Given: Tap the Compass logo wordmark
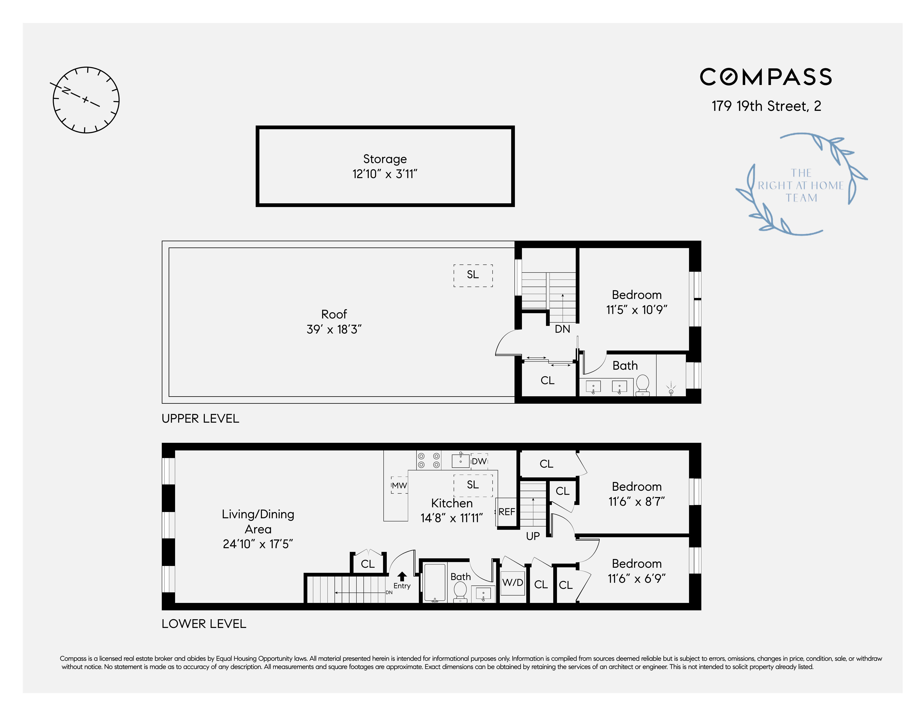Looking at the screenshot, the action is tap(766, 77).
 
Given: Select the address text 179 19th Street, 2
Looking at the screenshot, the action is tap(766, 106).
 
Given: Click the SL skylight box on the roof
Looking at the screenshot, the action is tap(473, 275).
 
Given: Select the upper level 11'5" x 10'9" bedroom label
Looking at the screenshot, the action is tap(637, 302).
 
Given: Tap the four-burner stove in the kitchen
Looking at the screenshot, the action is tap(428, 460).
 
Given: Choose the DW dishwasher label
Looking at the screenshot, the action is tap(479, 461).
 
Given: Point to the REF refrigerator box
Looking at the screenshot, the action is tap(507, 512).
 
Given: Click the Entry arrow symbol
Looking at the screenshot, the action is tap(402, 576).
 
